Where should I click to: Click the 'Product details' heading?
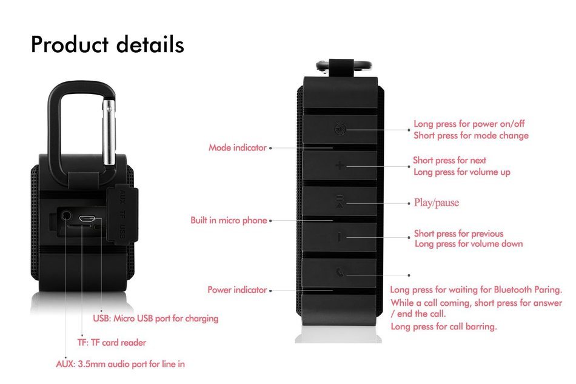pyautogui.click(x=107, y=44)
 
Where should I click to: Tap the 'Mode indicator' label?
pyautogui.click(x=237, y=148)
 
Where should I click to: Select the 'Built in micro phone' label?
pyautogui.click(x=229, y=220)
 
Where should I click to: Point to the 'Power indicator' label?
pyautogui.click(x=237, y=290)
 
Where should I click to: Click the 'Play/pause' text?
pyautogui.click(x=437, y=203)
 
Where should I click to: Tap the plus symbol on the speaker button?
pyautogui.click(x=340, y=166)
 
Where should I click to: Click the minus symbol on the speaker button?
pyautogui.click(x=340, y=237)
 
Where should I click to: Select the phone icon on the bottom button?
pyautogui.click(x=340, y=272)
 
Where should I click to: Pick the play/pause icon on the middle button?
pyautogui.click(x=340, y=202)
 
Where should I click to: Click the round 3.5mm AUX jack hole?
pyautogui.click(x=66, y=215)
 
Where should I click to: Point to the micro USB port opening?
pyautogui.click(x=87, y=218)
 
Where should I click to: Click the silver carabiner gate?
pyautogui.click(x=109, y=132)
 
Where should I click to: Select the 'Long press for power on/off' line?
pyautogui.click(x=469, y=124)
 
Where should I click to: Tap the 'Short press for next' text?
pyautogui.click(x=449, y=160)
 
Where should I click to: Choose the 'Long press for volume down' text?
pyautogui.click(x=469, y=244)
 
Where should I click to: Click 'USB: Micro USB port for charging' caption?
pyautogui.click(x=156, y=318)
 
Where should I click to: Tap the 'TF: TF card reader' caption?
pyautogui.click(x=112, y=343)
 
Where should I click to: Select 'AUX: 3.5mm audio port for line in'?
pyautogui.click(x=121, y=364)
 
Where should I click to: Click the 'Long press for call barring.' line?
pyautogui.click(x=443, y=326)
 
